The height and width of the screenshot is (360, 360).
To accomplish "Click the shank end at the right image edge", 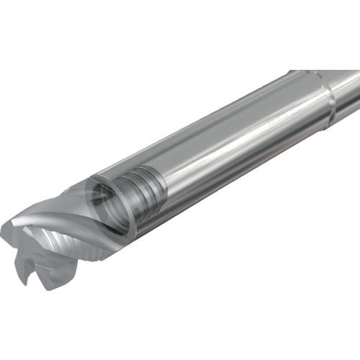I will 356,90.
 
